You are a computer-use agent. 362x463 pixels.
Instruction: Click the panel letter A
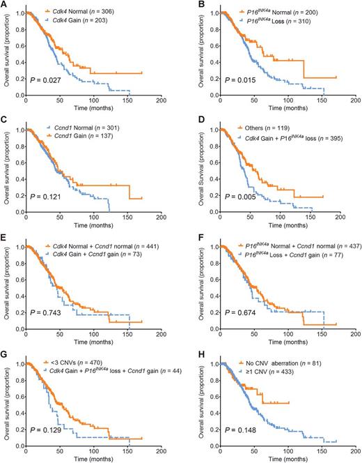[3, 5]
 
